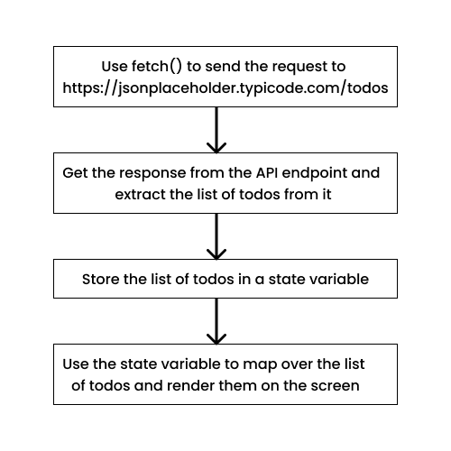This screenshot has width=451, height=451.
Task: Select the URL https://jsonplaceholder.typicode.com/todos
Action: pyautogui.click(x=225, y=88)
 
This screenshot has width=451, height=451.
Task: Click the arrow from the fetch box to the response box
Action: pyautogui.click(x=216, y=130)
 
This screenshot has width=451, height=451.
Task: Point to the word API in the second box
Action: pyautogui.click(x=267, y=173)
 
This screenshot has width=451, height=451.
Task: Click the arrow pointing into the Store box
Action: pyautogui.click(x=216, y=236)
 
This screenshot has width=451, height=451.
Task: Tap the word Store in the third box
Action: pyautogui.click(x=100, y=280)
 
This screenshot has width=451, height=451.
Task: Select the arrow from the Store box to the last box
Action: pyautogui.click(x=216, y=321)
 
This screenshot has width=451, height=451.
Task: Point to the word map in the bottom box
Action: pyautogui.click(x=260, y=365)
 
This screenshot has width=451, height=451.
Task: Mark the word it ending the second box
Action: pyautogui.click(x=327, y=195)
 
